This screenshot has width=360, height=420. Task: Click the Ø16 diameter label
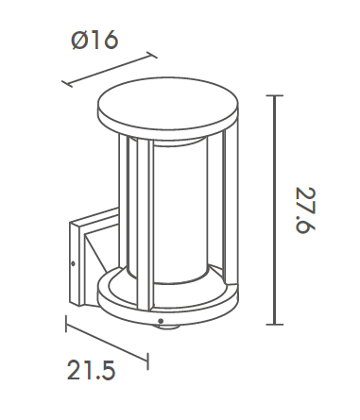click(x=94, y=40)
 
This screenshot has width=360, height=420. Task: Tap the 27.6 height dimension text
click(x=305, y=210)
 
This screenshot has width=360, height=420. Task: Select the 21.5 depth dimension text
click(x=91, y=370)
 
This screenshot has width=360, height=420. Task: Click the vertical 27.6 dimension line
click(x=275, y=210)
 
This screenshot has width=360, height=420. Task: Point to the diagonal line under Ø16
click(x=110, y=70)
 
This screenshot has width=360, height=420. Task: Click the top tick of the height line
click(x=275, y=95)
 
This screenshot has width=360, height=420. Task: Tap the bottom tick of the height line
click(x=275, y=324)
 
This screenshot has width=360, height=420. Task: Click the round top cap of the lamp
click(x=168, y=104)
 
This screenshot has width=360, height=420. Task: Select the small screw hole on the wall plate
click(x=74, y=263)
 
